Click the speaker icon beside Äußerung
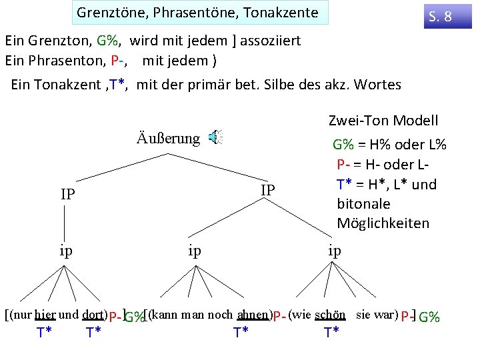[215, 138]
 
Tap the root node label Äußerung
[168, 139]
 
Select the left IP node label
[67, 195]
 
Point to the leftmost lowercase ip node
[66, 251]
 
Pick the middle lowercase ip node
[195, 251]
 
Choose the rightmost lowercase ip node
[335, 251]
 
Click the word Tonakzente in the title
[285, 13]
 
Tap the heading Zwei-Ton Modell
[383, 121]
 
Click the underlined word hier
[45, 315]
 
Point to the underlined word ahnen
[252, 315]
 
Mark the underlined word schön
[330, 315]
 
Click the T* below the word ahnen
[241, 332]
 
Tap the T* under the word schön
[331, 332]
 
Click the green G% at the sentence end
[429, 317]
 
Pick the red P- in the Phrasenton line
[119, 60]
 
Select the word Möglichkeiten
[383, 223]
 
